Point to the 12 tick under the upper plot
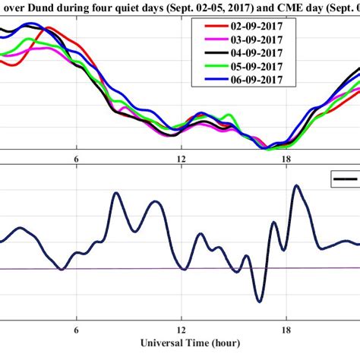181,159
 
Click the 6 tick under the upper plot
76,159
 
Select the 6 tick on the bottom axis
76,330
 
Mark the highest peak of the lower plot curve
296,185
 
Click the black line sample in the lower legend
346,178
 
